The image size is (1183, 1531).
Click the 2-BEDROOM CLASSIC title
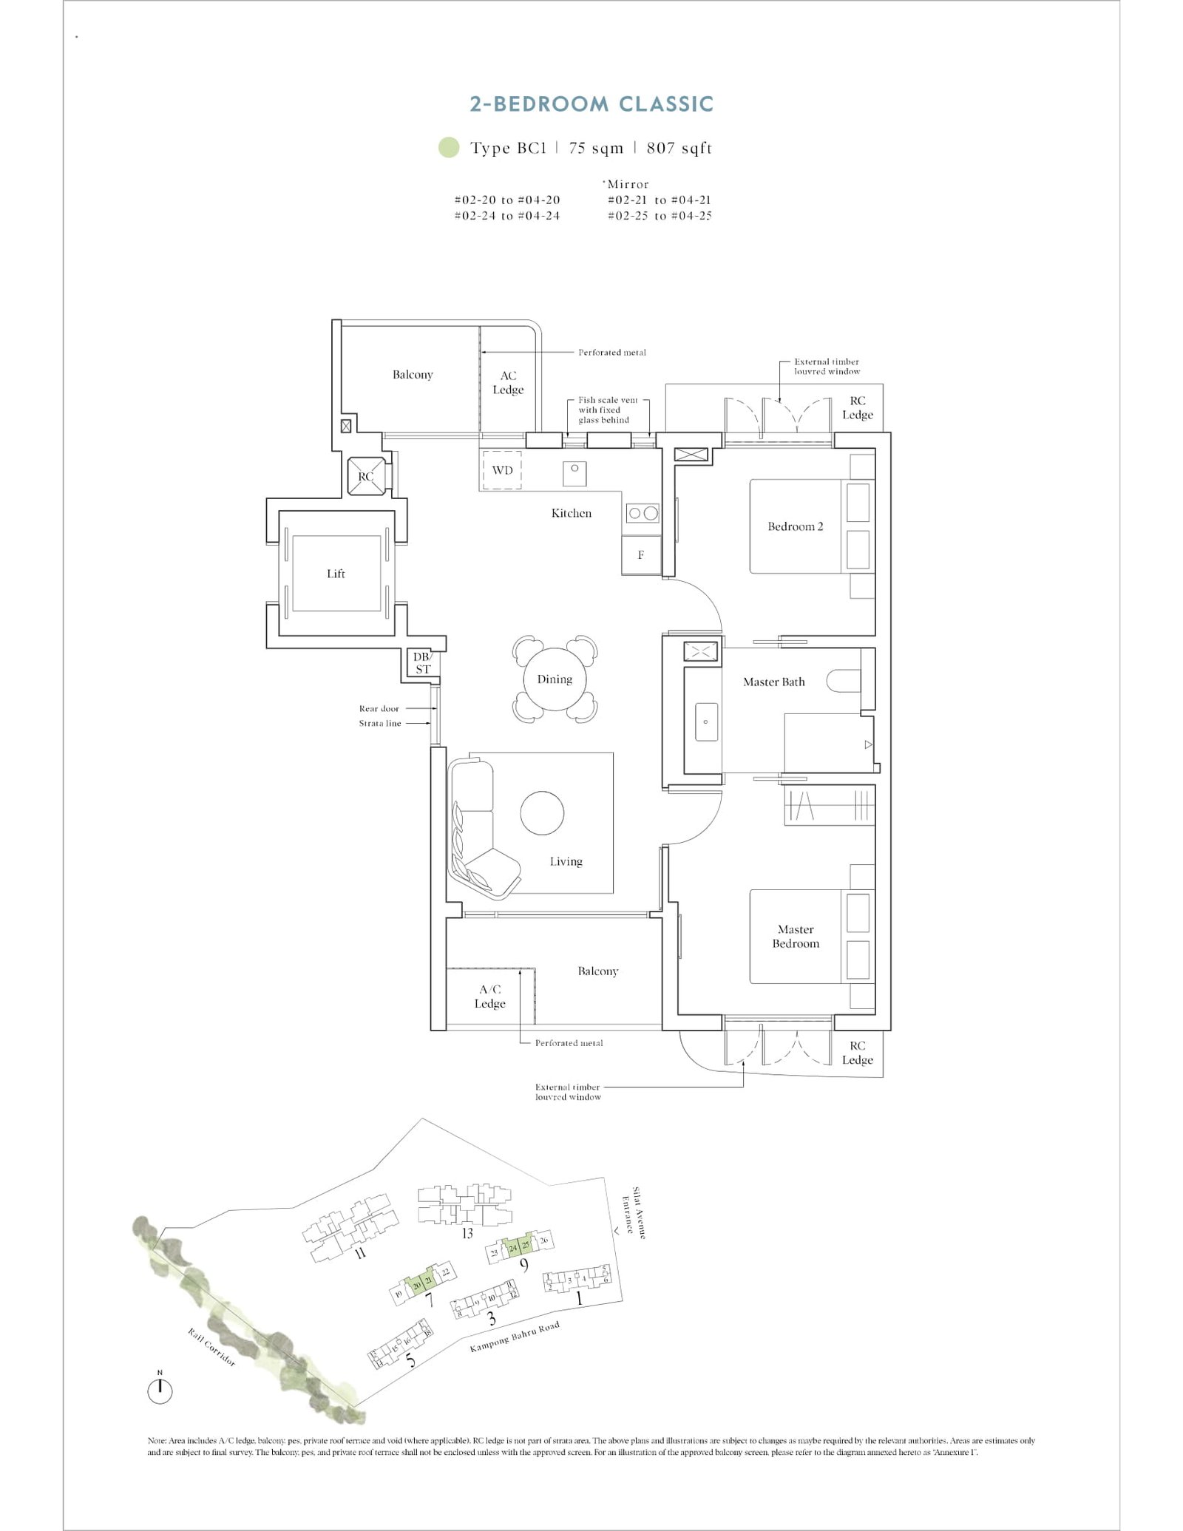click(x=591, y=104)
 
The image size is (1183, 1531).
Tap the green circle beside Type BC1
click(x=448, y=148)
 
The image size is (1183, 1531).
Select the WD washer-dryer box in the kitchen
click(x=502, y=470)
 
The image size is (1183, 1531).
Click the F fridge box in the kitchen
click(x=640, y=554)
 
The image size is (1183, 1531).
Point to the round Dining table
click(x=555, y=679)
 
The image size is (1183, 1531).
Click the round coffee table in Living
click(x=542, y=812)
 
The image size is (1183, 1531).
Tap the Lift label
click(x=336, y=574)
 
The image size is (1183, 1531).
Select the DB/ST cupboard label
click(x=422, y=663)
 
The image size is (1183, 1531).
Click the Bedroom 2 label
click(x=795, y=526)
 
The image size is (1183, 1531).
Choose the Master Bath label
click(x=773, y=682)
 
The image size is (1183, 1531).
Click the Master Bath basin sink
click(x=705, y=722)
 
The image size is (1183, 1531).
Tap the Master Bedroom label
click(x=796, y=936)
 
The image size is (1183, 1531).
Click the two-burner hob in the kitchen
click(x=642, y=512)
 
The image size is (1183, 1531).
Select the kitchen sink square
click(x=574, y=472)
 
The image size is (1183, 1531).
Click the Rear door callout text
click(x=379, y=708)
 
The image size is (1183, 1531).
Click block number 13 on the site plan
click(x=467, y=1232)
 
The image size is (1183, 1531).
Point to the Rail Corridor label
click(x=211, y=1347)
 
